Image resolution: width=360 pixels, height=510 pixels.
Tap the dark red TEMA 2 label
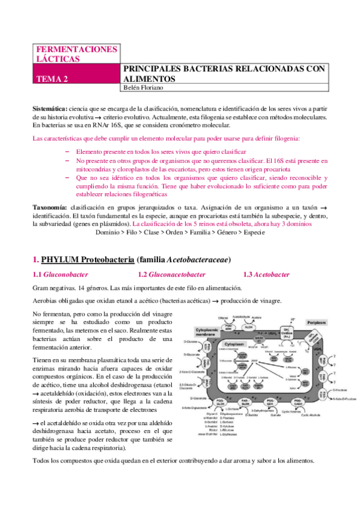(53, 79)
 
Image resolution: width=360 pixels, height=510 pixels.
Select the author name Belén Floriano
(143, 88)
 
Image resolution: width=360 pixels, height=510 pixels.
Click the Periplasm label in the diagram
(316, 323)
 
